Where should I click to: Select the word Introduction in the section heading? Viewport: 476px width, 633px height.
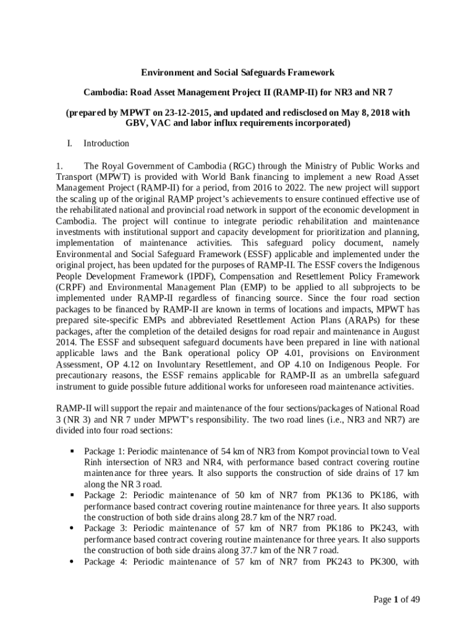tap(106, 143)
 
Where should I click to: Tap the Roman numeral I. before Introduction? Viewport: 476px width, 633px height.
tap(70, 143)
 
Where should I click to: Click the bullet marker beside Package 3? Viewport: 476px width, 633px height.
tap(72, 529)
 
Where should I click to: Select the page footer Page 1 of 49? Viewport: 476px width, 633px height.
tap(397, 599)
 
